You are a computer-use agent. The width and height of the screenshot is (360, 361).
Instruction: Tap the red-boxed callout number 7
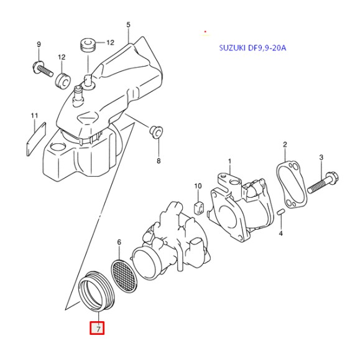(97, 327)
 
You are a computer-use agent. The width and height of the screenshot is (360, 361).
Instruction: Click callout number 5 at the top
(128, 25)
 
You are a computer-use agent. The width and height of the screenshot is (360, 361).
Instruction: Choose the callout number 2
(285, 145)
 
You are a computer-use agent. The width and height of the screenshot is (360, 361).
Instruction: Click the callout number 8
(158, 161)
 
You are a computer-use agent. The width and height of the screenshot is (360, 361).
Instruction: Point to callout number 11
(35, 115)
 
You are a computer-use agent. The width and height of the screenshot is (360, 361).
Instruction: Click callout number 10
(198, 185)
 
